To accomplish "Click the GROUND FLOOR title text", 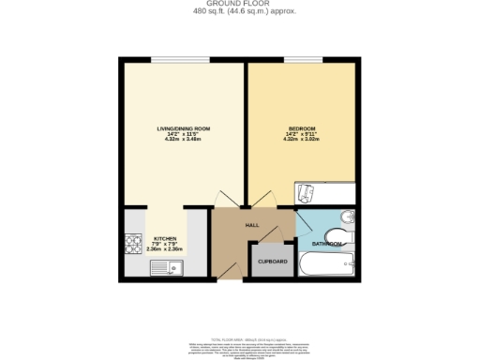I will (x=239, y=5).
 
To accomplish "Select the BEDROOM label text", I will (x=302, y=128).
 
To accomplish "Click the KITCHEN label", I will (x=164, y=239).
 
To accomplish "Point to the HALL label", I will (x=252, y=226).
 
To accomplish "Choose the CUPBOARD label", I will (x=272, y=261).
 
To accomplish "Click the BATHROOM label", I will (x=326, y=244).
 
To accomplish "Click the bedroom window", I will (x=301, y=60).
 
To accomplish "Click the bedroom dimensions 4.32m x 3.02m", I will (x=302, y=140).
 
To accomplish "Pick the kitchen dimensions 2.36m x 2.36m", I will (x=164, y=250).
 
